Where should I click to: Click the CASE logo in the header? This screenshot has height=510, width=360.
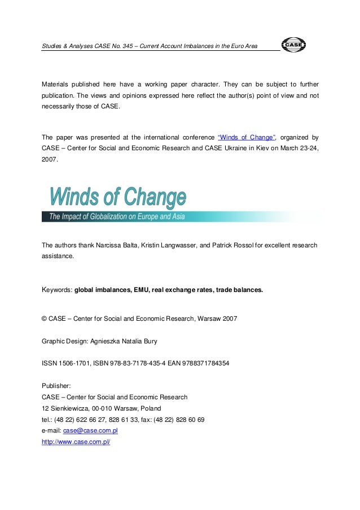click(x=293, y=45)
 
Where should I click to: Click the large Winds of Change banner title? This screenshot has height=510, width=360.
click(x=118, y=198)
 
